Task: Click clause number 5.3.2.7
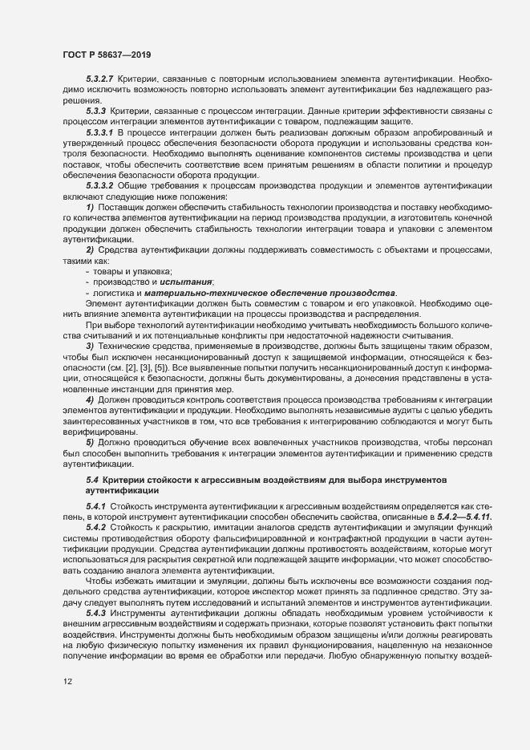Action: point(99,79)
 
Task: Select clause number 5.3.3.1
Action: point(99,131)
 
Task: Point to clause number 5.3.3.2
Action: point(99,184)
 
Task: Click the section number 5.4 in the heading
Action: point(91,479)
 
